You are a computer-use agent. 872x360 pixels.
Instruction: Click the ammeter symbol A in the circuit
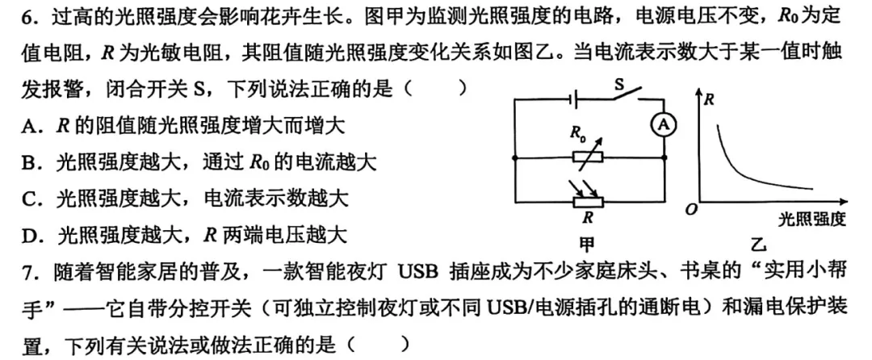pyautogui.click(x=663, y=125)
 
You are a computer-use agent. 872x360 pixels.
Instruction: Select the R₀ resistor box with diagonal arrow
pyautogui.click(x=588, y=157)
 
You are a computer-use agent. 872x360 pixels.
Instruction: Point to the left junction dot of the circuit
pyautogui.click(x=514, y=157)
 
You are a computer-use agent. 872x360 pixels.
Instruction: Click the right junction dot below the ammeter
pyautogui.click(x=664, y=157)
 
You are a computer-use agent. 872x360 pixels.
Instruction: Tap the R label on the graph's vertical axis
pyautogui.click(x=709, y=101)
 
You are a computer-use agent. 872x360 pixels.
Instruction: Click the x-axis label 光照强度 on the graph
pyautogui.click(x=811, y=220)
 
